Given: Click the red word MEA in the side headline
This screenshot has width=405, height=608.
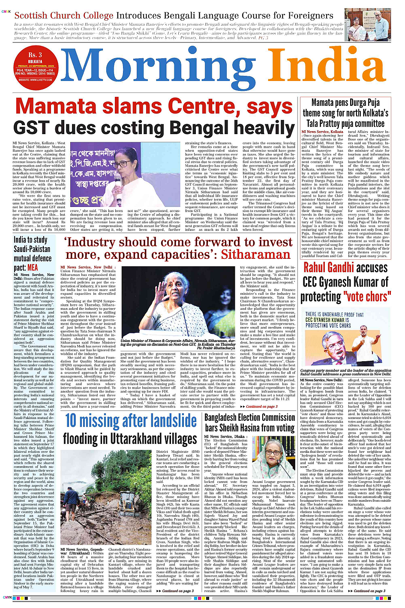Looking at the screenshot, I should coord(33,268).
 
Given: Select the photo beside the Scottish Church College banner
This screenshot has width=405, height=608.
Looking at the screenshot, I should coord(367,24).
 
